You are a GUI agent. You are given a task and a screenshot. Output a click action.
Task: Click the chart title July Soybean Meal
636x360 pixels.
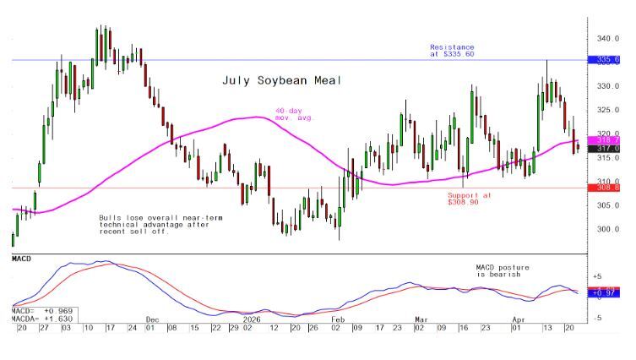(271, 80)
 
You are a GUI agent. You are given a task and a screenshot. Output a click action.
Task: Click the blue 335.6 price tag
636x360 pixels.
(609, 60)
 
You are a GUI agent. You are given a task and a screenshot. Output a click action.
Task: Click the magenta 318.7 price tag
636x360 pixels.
(609, 139)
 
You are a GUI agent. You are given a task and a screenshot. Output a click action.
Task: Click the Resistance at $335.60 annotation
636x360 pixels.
(452, 51)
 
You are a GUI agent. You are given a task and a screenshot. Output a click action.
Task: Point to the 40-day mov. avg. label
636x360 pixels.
(294, 114)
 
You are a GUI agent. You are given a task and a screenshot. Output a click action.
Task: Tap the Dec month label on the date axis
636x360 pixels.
(153, 319)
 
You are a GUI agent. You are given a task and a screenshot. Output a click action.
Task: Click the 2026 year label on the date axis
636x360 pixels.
(252, 319)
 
